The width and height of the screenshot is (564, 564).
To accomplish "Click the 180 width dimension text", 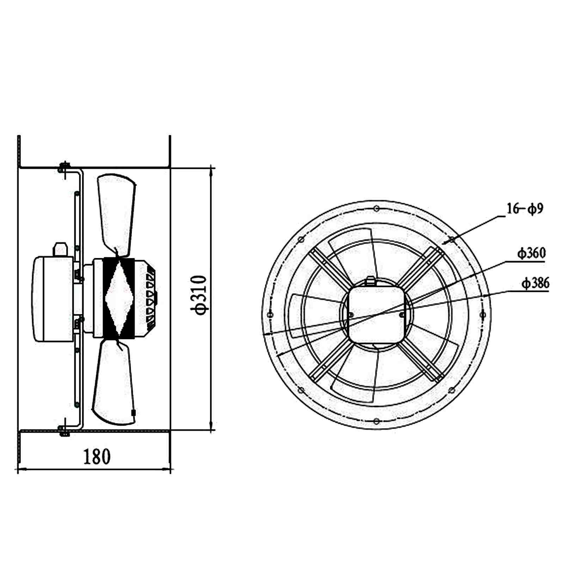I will (97, 456).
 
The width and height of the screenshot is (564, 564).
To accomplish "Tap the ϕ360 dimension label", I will (531, 253).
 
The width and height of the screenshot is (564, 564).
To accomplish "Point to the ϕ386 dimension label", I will (535, 283).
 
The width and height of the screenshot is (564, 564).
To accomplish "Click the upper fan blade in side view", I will (116, 211).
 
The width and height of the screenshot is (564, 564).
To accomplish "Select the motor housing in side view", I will (53, 299).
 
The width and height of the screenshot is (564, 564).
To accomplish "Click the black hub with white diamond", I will (119, 298).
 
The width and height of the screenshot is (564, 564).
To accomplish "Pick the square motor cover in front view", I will (376, 314).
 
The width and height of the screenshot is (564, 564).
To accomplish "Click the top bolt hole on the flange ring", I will (376, 209).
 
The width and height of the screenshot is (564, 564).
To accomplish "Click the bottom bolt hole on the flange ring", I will (376, 422).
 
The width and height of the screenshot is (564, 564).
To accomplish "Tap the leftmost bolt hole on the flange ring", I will (270, 314).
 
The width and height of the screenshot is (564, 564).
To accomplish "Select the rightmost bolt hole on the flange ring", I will (483, 314).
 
